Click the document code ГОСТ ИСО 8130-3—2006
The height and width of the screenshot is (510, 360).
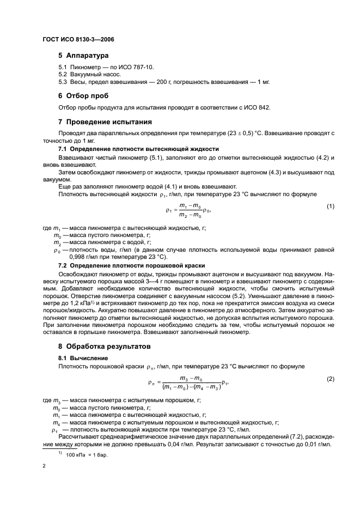[x=77, y=40]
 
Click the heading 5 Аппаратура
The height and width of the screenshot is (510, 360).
[x=83, y=56]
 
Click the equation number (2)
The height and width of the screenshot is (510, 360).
[x=330, y=378]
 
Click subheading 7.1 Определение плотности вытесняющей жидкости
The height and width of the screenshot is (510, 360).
[x=138, y=149]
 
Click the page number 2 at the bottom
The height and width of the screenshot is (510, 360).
[x=44, y=466]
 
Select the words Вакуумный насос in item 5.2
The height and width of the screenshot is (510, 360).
[x=94, y=74]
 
